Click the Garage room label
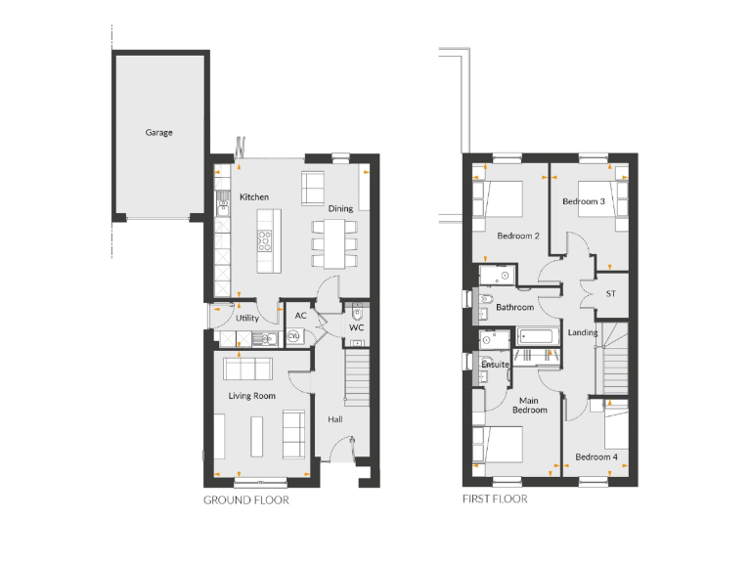pyautogui.click(x=159, y=133)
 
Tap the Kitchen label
pyautogui.click(x=254, y=197)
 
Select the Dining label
pyautogui.click(x=340, y=208)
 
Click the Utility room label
pyautogui.click(x=247, y=318)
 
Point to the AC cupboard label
pyautogui.click(x=300, y=317)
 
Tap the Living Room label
pyautogui.click(x=252, y=396)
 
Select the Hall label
pyautogui.click(x=335, y=418)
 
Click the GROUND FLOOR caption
pyautogui.click(x=245, y=499)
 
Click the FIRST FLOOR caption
pyautogui.click(x=495, y=499)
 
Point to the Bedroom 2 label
pyautogui.click(x=518, y=236)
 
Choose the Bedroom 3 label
pyautogui.click(x=584, y=201)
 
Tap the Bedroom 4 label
pyautogui.click(x=596, y=456)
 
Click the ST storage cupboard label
pyautogui.click(x=611, y=293)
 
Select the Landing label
pyautogui.click(x=583, y=332)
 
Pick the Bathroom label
pyautogui.click(x=514, y=307)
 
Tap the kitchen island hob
pyautogui.click(x=264, y=236)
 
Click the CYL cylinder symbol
pyautogui.click(x=293, y=337)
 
